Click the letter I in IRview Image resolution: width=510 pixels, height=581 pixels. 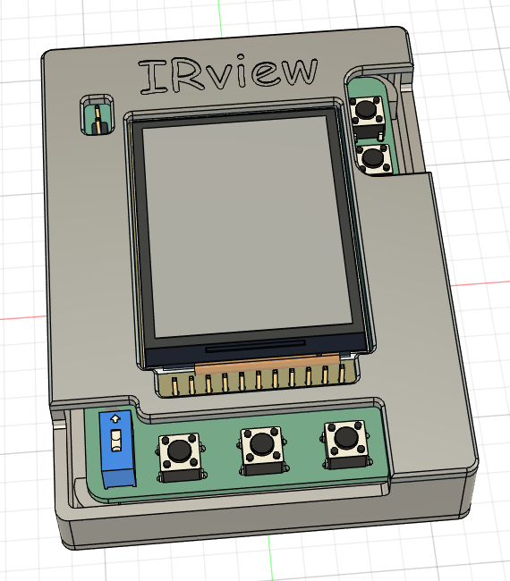tap(149, 78)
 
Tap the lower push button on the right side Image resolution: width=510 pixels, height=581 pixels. tap(371, 159)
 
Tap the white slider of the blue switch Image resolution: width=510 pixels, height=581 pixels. tap(115, 442)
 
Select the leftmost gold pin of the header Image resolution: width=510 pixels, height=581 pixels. tap(175, 384)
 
